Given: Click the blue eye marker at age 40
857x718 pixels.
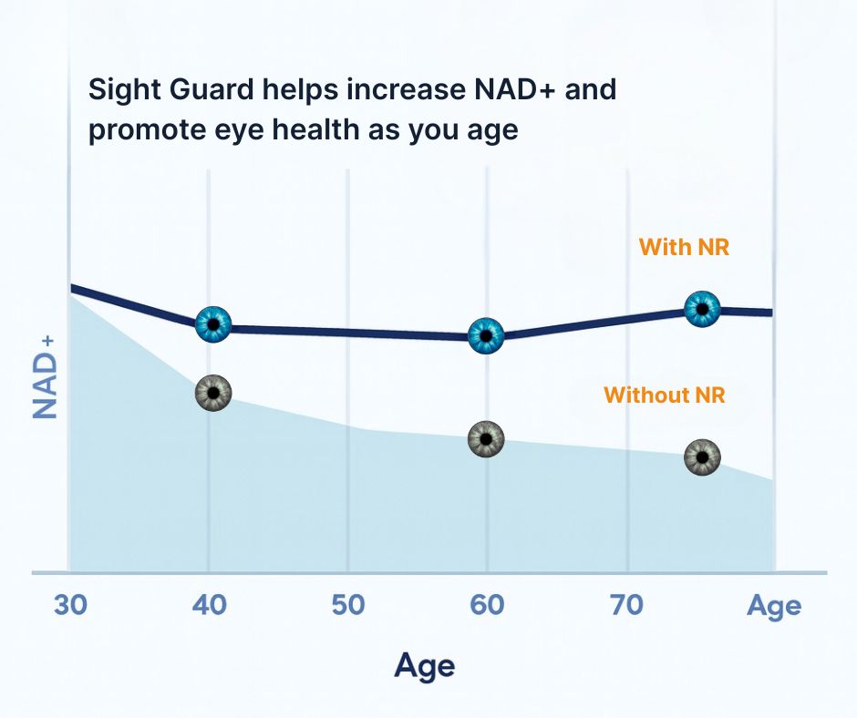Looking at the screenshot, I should coord(213,323).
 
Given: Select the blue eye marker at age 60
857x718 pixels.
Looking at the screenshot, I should coord(486,335).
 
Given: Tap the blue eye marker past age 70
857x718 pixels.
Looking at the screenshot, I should coord(702,308).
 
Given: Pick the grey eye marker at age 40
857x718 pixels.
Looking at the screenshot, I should coord(213,393).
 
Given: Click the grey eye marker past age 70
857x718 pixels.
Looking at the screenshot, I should coord(702,456).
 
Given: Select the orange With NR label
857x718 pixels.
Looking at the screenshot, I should coord(684,247).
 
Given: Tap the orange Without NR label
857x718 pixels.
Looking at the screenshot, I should coord(665,395).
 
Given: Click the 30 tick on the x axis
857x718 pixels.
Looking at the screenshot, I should coord(71,605).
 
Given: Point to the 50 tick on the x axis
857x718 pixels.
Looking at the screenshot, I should coord(347,605).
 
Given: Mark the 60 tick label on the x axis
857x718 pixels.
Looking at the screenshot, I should coord(487,605).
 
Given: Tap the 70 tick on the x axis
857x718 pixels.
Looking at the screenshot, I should coord(626,605).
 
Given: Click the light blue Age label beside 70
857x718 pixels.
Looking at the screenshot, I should coord(774,606).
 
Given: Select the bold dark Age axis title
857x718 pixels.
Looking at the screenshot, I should coord(425,667).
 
